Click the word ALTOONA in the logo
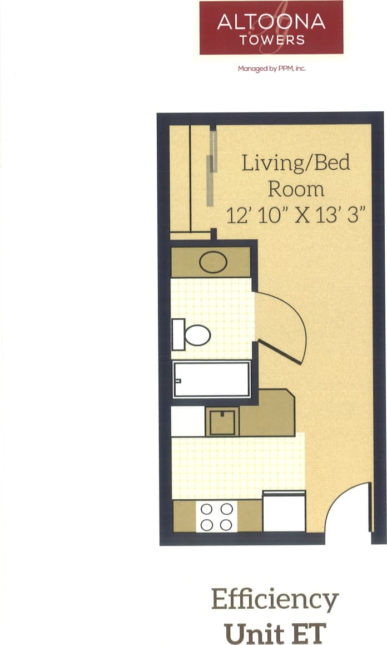coord(271,22)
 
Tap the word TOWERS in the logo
coord(272,40)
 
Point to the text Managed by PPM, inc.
coord(272,69)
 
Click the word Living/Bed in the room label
coord(296,163)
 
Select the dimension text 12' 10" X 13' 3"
coord(299,215)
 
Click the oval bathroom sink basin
coord(213,263)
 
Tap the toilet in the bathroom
coord(191,335)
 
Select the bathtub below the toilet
coord(211,380)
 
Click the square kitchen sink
coord(222,422)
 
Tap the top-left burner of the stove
coord(207,509)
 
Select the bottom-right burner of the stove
coord(226,525)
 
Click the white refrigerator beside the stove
coord(284,511)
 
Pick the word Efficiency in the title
coord(275,600)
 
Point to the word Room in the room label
coord(296,189)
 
